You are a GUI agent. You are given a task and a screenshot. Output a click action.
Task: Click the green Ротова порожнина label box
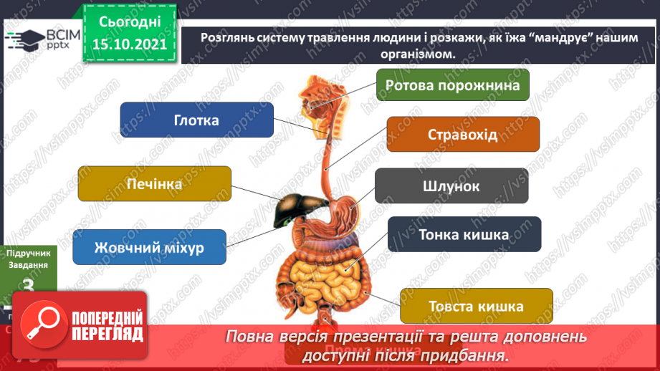pos(452,86)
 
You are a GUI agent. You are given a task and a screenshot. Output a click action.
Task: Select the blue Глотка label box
pos(196,120)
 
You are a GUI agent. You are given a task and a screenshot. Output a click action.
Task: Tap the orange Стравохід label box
pos(462,135)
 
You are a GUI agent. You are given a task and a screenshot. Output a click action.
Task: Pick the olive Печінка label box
pos(154,184)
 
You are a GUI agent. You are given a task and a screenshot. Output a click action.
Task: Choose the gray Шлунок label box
pos(451,187)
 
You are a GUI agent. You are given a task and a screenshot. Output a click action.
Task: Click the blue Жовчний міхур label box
pos(149,248)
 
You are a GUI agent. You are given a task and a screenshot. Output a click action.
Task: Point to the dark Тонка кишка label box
pos(464,234)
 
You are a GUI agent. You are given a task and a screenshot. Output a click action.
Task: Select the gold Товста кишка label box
pos(476,306)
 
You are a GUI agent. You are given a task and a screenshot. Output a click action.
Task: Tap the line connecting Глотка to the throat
pos(294,126)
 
